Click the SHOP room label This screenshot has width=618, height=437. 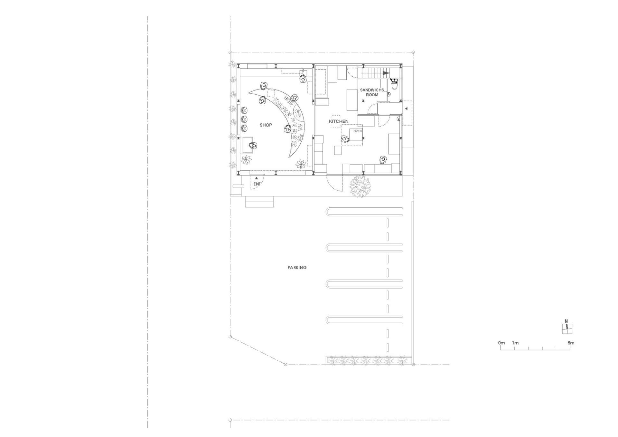coord(266,125)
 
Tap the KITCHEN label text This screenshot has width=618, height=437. coord(338,121)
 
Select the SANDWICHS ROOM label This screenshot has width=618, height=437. coord(372,92)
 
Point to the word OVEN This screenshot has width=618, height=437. coord(357,131)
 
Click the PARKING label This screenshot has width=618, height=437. coord(297,267)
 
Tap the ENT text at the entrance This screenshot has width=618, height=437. coord(257,184)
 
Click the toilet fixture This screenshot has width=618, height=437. coord(394,84)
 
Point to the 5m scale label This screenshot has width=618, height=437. coord(571,343)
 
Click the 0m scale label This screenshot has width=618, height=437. coord(501,343)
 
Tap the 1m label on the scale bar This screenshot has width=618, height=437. coord(515,343)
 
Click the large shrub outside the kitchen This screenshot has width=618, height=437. coord(360,187)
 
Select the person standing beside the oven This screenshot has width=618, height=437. coord(345,139)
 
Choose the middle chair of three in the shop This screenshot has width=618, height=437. coord(244,120)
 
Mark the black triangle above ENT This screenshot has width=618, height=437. coord(257,178)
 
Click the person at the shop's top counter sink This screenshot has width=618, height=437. coord(303,78)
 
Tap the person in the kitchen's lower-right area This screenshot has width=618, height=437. coord(383,160)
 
